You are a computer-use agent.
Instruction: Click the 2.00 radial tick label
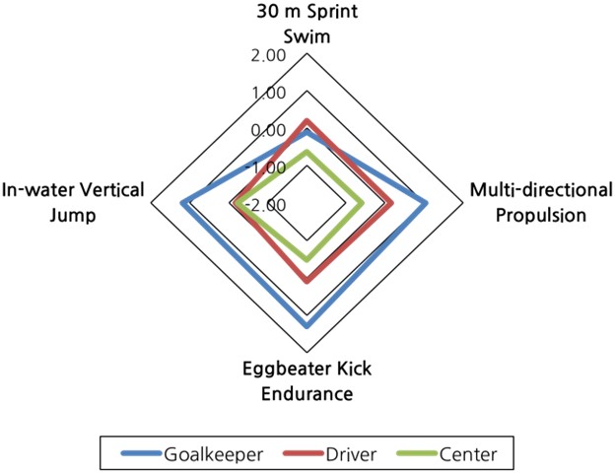click(266, 56)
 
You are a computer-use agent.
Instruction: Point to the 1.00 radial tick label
click(266, 94)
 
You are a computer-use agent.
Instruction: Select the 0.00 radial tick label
click(266, 131)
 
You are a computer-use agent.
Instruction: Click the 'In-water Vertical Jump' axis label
click(73, 202)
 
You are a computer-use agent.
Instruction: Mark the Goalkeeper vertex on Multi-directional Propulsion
click(427, 203)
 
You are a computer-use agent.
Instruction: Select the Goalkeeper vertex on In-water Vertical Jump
click(183, 203)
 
